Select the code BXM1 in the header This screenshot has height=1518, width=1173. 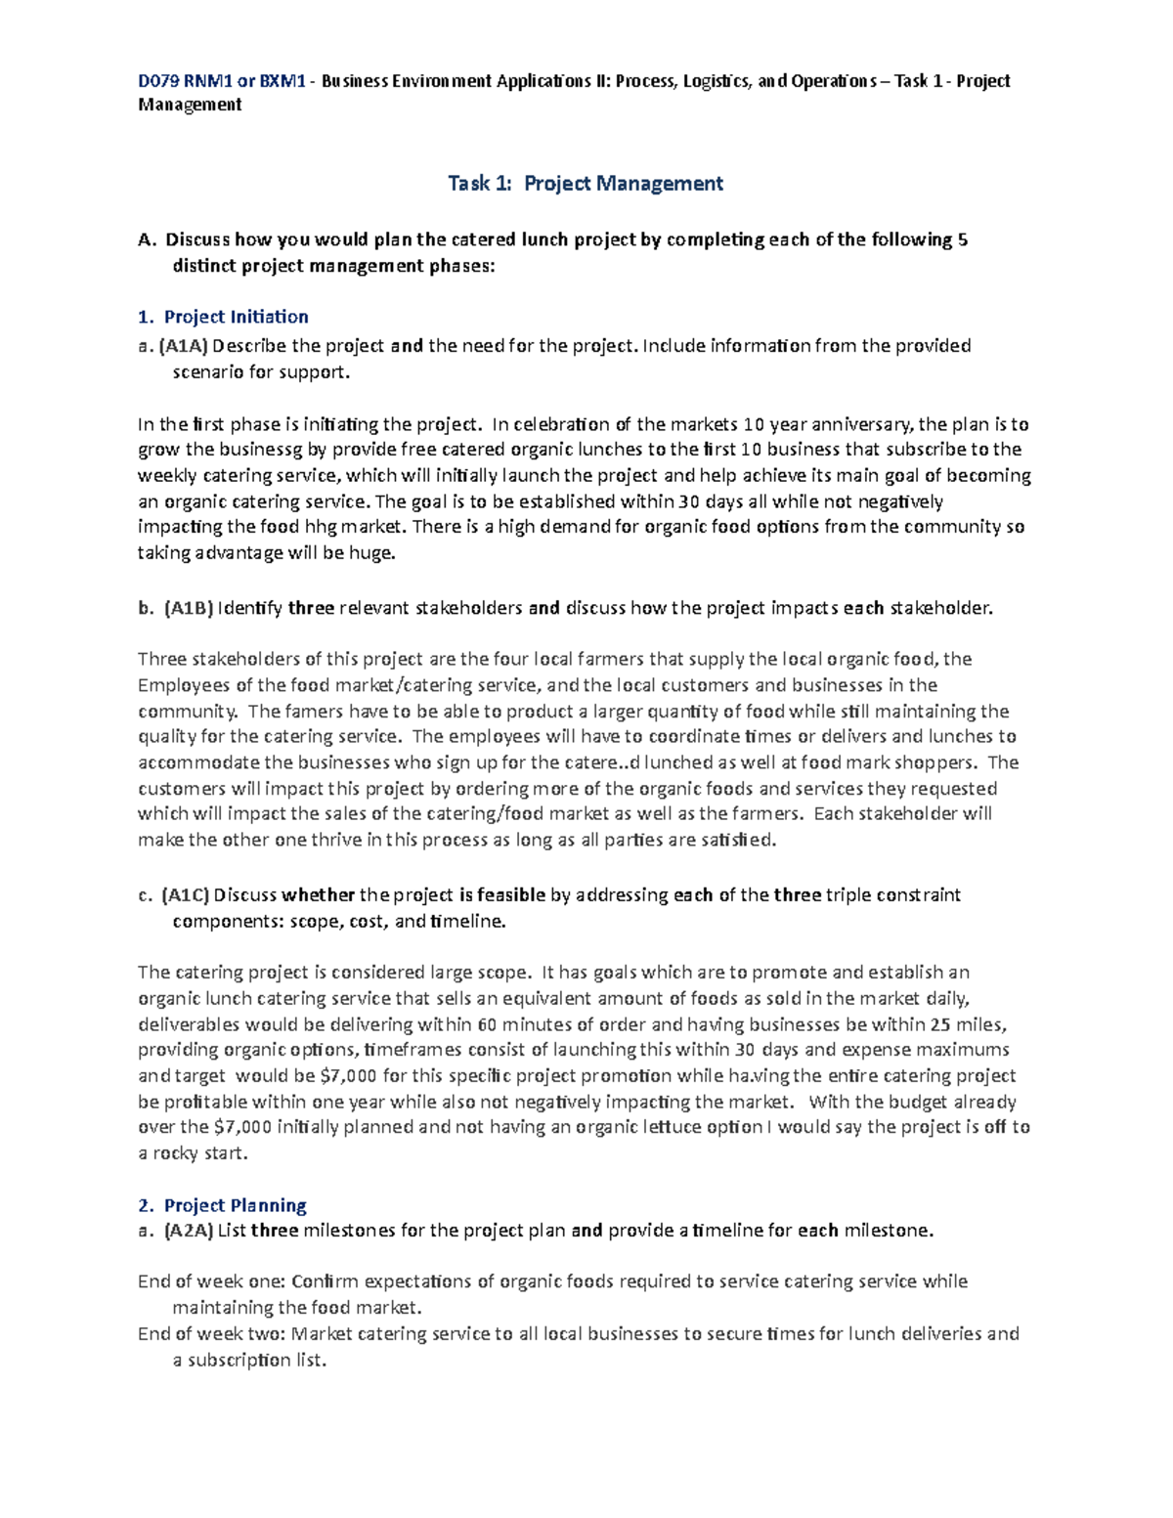coord(282,81)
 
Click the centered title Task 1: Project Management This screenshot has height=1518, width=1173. coord(585,183)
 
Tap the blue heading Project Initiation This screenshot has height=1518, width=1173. coord(236,317)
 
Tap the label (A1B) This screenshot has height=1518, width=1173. coord(188,608)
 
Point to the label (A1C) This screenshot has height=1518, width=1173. coord(185,894)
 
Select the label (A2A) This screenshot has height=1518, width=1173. coord(188,1231)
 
